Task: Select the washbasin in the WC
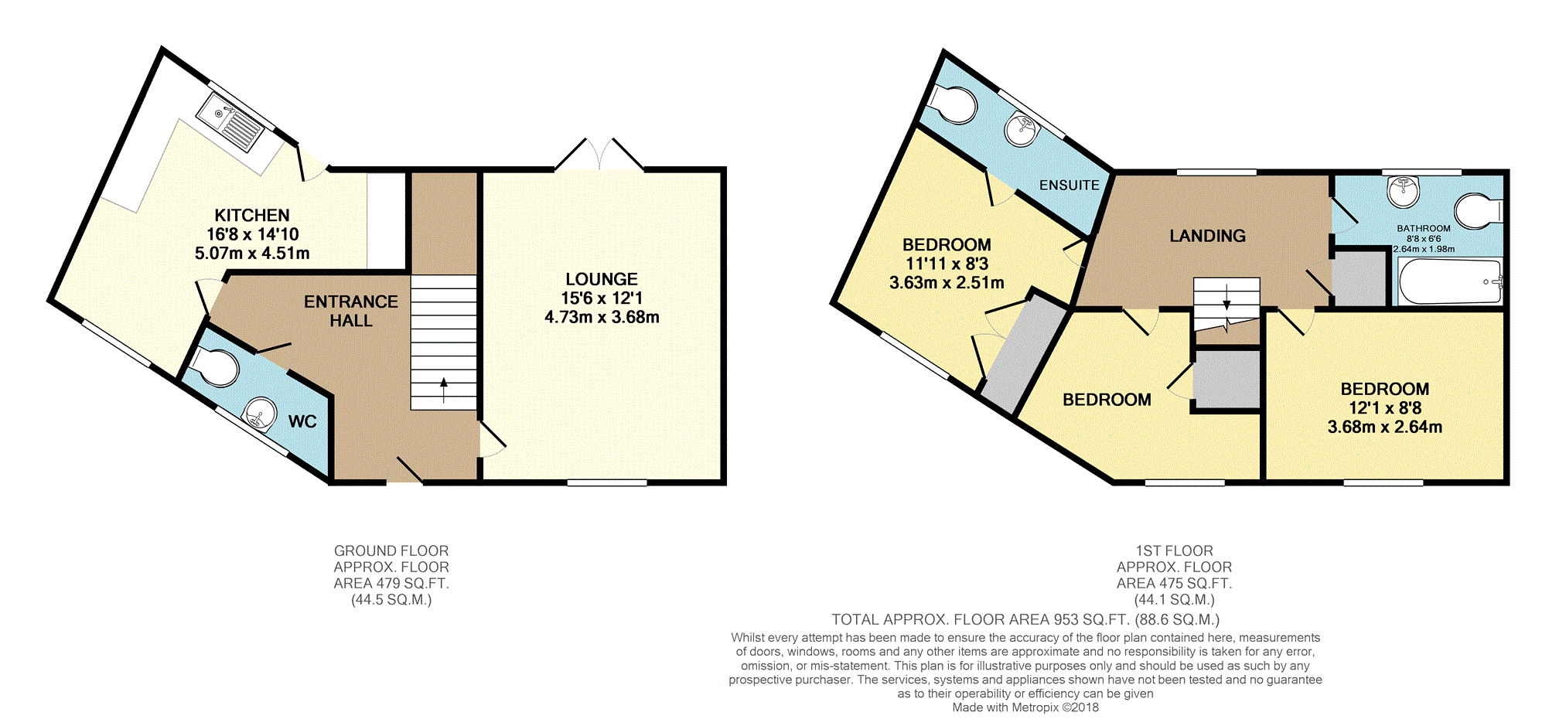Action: (260, 414)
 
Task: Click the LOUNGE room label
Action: (602, 279)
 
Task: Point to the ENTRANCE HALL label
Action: (351, 311)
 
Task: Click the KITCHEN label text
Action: (252, 215)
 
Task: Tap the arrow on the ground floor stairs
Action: (444, 390)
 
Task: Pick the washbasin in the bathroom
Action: (1403, 192)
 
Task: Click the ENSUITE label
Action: (1069, 185)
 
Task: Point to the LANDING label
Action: (1207, 236)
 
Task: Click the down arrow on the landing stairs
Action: (1227, 298)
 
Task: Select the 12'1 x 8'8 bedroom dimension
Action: (1385, 407)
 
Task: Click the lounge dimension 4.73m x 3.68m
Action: (602, 317)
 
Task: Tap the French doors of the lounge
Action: (599, 155)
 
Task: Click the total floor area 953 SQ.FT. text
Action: (1025, 619)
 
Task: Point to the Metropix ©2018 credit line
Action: (1025, 707)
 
